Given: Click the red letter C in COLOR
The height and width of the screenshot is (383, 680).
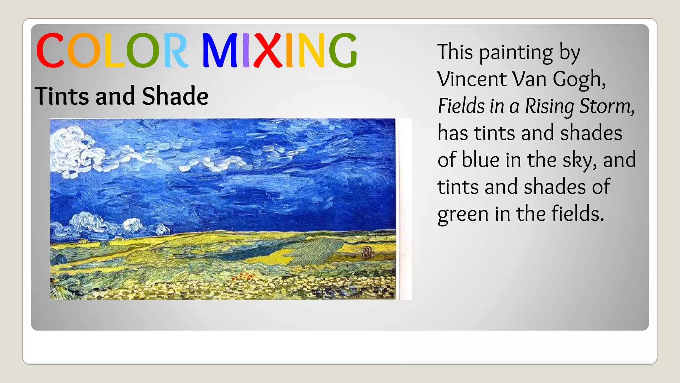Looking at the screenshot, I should (x=50, y=50).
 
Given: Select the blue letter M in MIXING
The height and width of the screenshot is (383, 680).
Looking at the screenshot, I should (x=219, y=50).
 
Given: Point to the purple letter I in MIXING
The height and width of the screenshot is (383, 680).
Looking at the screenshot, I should (x=246, y=50).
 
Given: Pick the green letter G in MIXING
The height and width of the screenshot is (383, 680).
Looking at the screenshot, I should (x=343, y=50).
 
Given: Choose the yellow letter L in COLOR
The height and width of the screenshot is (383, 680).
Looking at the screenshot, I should (x=114, y=50).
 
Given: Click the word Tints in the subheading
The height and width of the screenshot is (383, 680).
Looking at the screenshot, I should (x=62, y=96).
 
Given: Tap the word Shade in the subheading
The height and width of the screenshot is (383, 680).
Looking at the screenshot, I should (x=175, y=96).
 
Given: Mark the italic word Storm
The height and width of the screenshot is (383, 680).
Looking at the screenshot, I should (x=606, y=106).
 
